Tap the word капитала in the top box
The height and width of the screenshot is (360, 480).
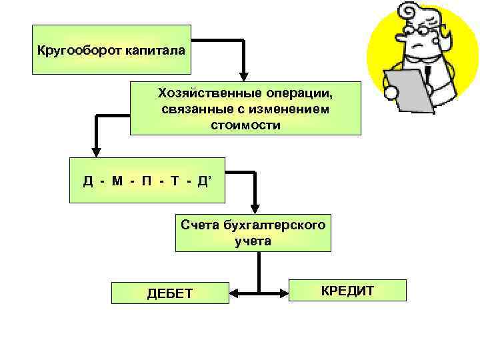tap(155, 51)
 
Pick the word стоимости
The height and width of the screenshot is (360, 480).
tap(245, 125)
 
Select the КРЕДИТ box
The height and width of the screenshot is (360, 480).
tap(347, 291)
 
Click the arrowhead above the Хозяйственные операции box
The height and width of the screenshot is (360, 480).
tap(245, 76)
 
